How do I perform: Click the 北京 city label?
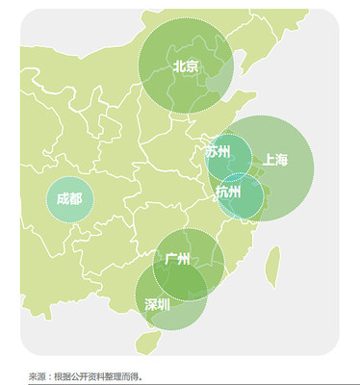pos(186,66)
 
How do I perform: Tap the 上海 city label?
pos(274,160)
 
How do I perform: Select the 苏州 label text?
pos(218,151)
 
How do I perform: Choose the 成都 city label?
pos(69,199)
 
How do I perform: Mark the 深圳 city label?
pos(157,304)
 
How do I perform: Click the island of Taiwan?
pos(272,260)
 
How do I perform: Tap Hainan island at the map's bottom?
pos(147,340)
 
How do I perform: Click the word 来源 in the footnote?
pos(38,376)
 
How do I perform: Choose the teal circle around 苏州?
pos(237,164)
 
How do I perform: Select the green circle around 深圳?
pos(154,322)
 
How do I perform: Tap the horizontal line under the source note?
pos(193,384)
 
